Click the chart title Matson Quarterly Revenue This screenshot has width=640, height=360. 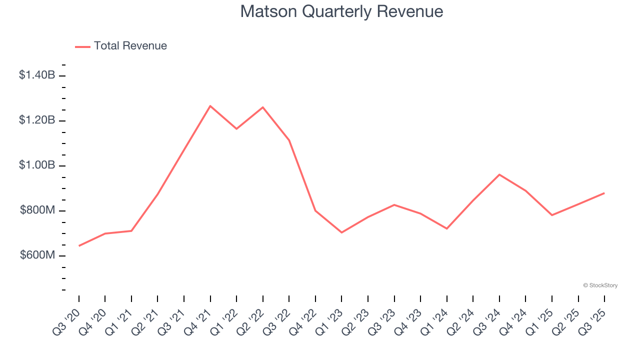pos(341,11)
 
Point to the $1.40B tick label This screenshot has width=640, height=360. pos(37,75)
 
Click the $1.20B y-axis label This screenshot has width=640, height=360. pos(37,120)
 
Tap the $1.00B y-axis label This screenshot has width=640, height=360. pos(37,165)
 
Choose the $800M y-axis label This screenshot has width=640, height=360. pos(37,210)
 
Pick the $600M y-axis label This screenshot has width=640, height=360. pos(37,255)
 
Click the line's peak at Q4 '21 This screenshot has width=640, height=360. pos(210,106)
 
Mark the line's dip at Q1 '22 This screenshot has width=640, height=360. pos(236,129)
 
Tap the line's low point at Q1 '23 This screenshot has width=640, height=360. pos(341,232)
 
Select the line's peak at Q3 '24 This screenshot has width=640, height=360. pos(499,174)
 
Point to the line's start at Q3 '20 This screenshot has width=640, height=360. pos(79,245)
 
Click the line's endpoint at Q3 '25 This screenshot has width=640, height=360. pos(604,193)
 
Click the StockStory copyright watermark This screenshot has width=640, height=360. pos(600,285)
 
